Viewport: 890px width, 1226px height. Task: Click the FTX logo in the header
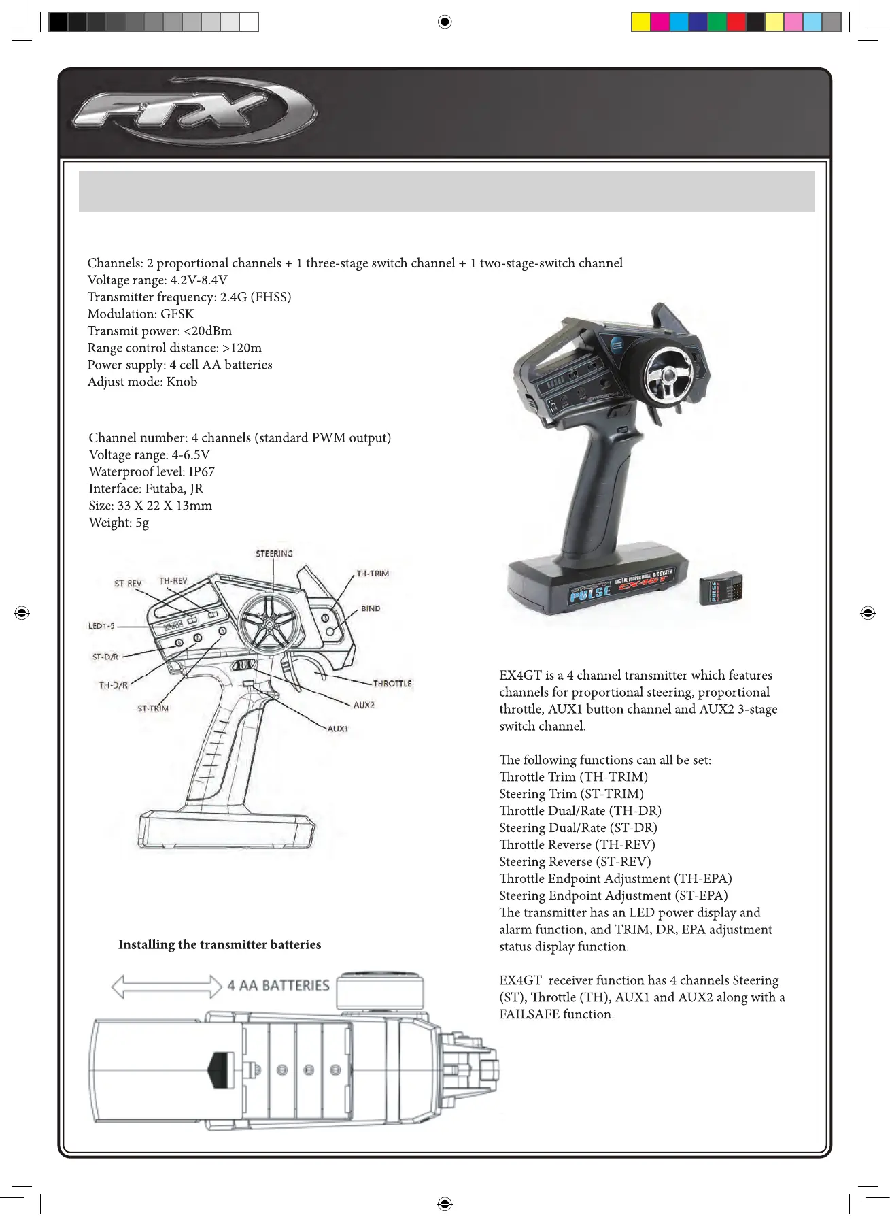pyautogui.click(x=194, y=110)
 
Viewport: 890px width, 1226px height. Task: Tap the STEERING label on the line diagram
pyautogui.click(x=274, y=554)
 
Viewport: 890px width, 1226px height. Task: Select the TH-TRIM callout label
pyautogui.click(x=373, y=574)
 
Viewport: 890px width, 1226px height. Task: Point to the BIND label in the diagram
pyautogui.click(x=371, y=608)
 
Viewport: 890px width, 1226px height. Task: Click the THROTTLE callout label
pyautogui.click(x=392, y=683)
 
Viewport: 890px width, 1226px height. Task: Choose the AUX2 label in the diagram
pyautogui.click(x=364, y=705)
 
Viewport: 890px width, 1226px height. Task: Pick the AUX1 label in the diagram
pyautogui.click(x=337, y=729)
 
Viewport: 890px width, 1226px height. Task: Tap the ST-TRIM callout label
pyautogui.click(x=153, y=708)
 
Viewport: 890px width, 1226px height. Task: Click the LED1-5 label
pyautogui.click(x=101, y=626)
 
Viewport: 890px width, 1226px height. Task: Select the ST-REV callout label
pyautogui.click(x=128, y=583)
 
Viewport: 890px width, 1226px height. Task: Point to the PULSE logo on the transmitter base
pyautogui.click(x=589, y=594)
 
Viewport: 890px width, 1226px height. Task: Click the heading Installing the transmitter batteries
pyautogui.click(x=219, y=944)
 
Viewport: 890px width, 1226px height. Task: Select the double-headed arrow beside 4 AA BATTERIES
pyautogui.click(x=167, y=986)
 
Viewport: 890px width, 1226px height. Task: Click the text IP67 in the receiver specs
pyautogui.click(x=202, y=471)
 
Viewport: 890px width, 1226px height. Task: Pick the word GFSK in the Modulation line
pyautogui.click(x=177, y=314)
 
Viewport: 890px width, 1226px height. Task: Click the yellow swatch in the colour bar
pyautogui.click(x=640, y=22)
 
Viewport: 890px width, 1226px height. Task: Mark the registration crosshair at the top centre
pyautogui.click(x=445, y=22)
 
